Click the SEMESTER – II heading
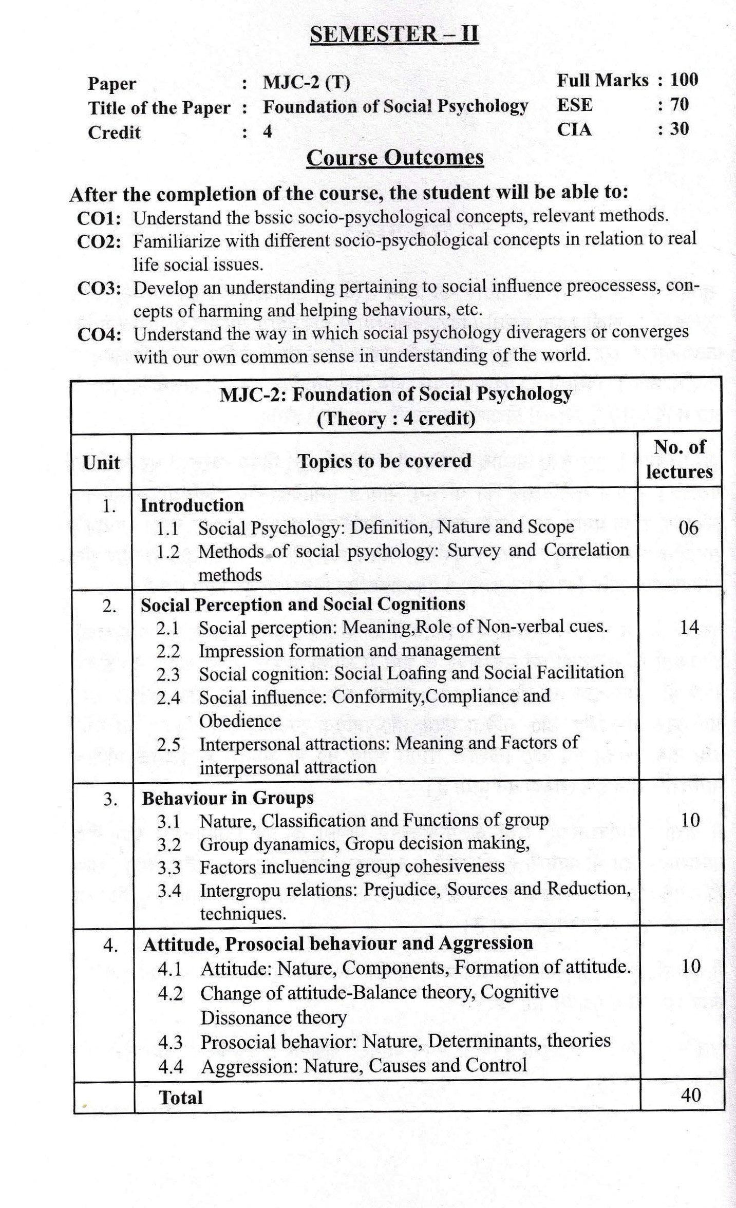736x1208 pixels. tap(394, 34)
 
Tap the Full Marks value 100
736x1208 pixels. tap(684, 80)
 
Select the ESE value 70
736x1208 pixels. tap(680, 104)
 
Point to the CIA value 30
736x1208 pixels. tap(680, 128)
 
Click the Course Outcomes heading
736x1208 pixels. tap(394, 158)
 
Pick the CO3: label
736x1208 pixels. tap(99, 288)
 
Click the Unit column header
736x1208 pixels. tap(101, 462)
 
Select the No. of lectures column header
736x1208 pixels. tap(679, 460)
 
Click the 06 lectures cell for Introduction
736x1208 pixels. tap(688, 527)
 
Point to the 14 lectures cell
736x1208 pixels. tap(689, 627)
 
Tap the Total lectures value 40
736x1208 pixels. tap(690, 1095)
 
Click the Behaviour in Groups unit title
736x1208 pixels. tap(228, 798)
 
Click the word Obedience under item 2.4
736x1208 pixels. tap(240, 721)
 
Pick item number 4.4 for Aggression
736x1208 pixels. tap(171, 1067)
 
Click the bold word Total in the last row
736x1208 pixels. tap(181, 1098)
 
